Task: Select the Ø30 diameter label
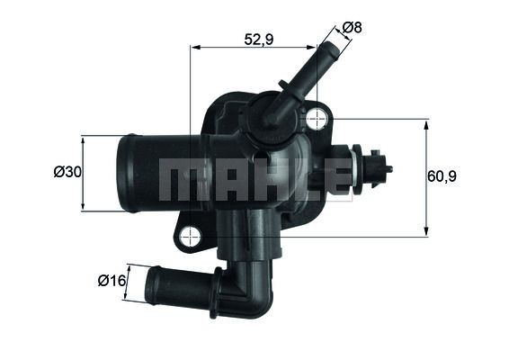tap(67, 172)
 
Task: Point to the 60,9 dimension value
tap(442, 176)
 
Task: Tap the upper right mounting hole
tap(316, 118)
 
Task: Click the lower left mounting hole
tap(190, 237)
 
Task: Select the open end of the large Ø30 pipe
tap(125, 173)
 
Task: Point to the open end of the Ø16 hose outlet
tap(152, 285)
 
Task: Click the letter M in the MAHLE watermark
tap(177, 182)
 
